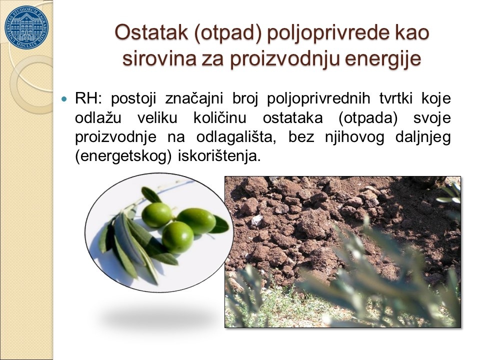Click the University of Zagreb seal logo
pos(26,27)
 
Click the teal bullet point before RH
pos(64,99)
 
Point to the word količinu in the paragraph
pos(220,118)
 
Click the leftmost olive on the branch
pos(156,215)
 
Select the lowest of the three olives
pos(177,237)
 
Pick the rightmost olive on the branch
pos(196,221)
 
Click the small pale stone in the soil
pos(256,220)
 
